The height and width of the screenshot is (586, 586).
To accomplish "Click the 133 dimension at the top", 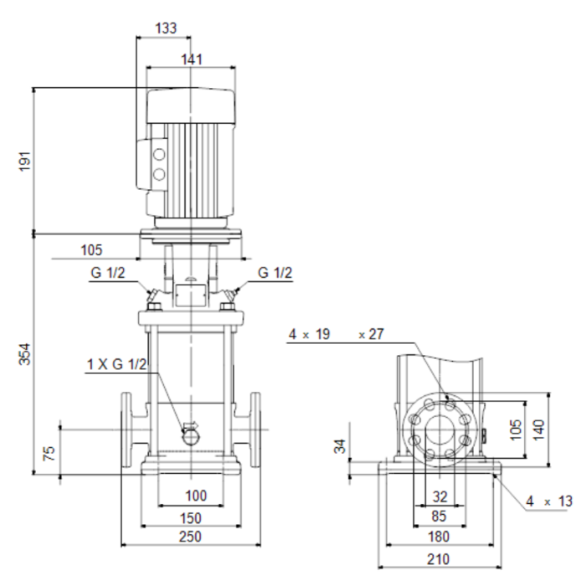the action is coord(166,28).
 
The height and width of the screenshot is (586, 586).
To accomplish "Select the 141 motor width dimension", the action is coord(192,59).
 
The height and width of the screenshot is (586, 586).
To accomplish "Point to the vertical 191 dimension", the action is coord(26,162).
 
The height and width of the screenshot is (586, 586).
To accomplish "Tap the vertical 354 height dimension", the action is coord(25,354).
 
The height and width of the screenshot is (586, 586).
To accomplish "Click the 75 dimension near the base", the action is coord(49,453).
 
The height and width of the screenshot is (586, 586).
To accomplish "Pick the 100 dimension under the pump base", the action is coord(196,496).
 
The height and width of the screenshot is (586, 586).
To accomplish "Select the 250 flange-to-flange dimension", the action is coord(190,537).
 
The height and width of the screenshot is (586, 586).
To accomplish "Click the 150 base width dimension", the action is coord(191,518).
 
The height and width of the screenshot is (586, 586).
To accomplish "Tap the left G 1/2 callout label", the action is coord(108,272).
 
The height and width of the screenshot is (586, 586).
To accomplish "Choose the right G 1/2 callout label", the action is coord(275,272).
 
